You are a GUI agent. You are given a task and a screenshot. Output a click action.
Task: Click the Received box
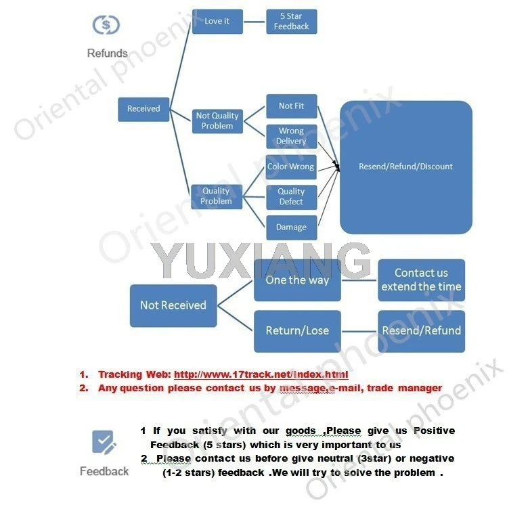tap(143, 109)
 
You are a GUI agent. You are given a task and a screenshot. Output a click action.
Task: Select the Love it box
tap(217, 21)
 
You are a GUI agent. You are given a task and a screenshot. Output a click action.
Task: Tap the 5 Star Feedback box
tap(291, 22)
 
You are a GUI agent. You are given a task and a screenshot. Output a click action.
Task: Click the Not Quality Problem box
tap(217, 121)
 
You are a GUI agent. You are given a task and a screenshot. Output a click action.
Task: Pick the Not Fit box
tap(291, 106)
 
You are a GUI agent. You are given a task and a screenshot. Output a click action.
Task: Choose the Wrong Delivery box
tap(291, 136)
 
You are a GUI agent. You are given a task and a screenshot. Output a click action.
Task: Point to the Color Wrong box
tap(291, 167)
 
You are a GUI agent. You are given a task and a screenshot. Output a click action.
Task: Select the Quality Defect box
tap(291, 196)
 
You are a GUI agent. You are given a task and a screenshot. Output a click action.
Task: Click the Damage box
tap(291, 227)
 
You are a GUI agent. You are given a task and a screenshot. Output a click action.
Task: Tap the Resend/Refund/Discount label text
tap(405, 167)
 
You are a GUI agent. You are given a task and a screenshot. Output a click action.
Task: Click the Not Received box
tap(173, 305)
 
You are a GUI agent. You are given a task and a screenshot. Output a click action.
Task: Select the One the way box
tap(297, 280)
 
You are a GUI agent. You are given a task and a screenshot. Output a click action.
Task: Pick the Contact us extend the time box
tap(421, 280)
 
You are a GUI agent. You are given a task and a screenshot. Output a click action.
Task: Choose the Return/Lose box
tap(297, 331)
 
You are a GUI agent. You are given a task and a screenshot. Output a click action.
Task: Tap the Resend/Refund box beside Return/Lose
tap(421, 331)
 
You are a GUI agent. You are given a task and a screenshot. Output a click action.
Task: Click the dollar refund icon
tap(106, 25)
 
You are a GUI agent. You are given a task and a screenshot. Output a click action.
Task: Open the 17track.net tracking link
tap(261, 374)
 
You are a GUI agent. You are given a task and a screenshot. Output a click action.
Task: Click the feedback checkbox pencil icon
tap(104, 443)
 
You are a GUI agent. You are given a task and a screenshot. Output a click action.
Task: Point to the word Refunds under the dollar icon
tap(107, 53)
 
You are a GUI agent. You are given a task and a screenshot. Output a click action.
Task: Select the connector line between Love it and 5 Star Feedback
tap(255, 21)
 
